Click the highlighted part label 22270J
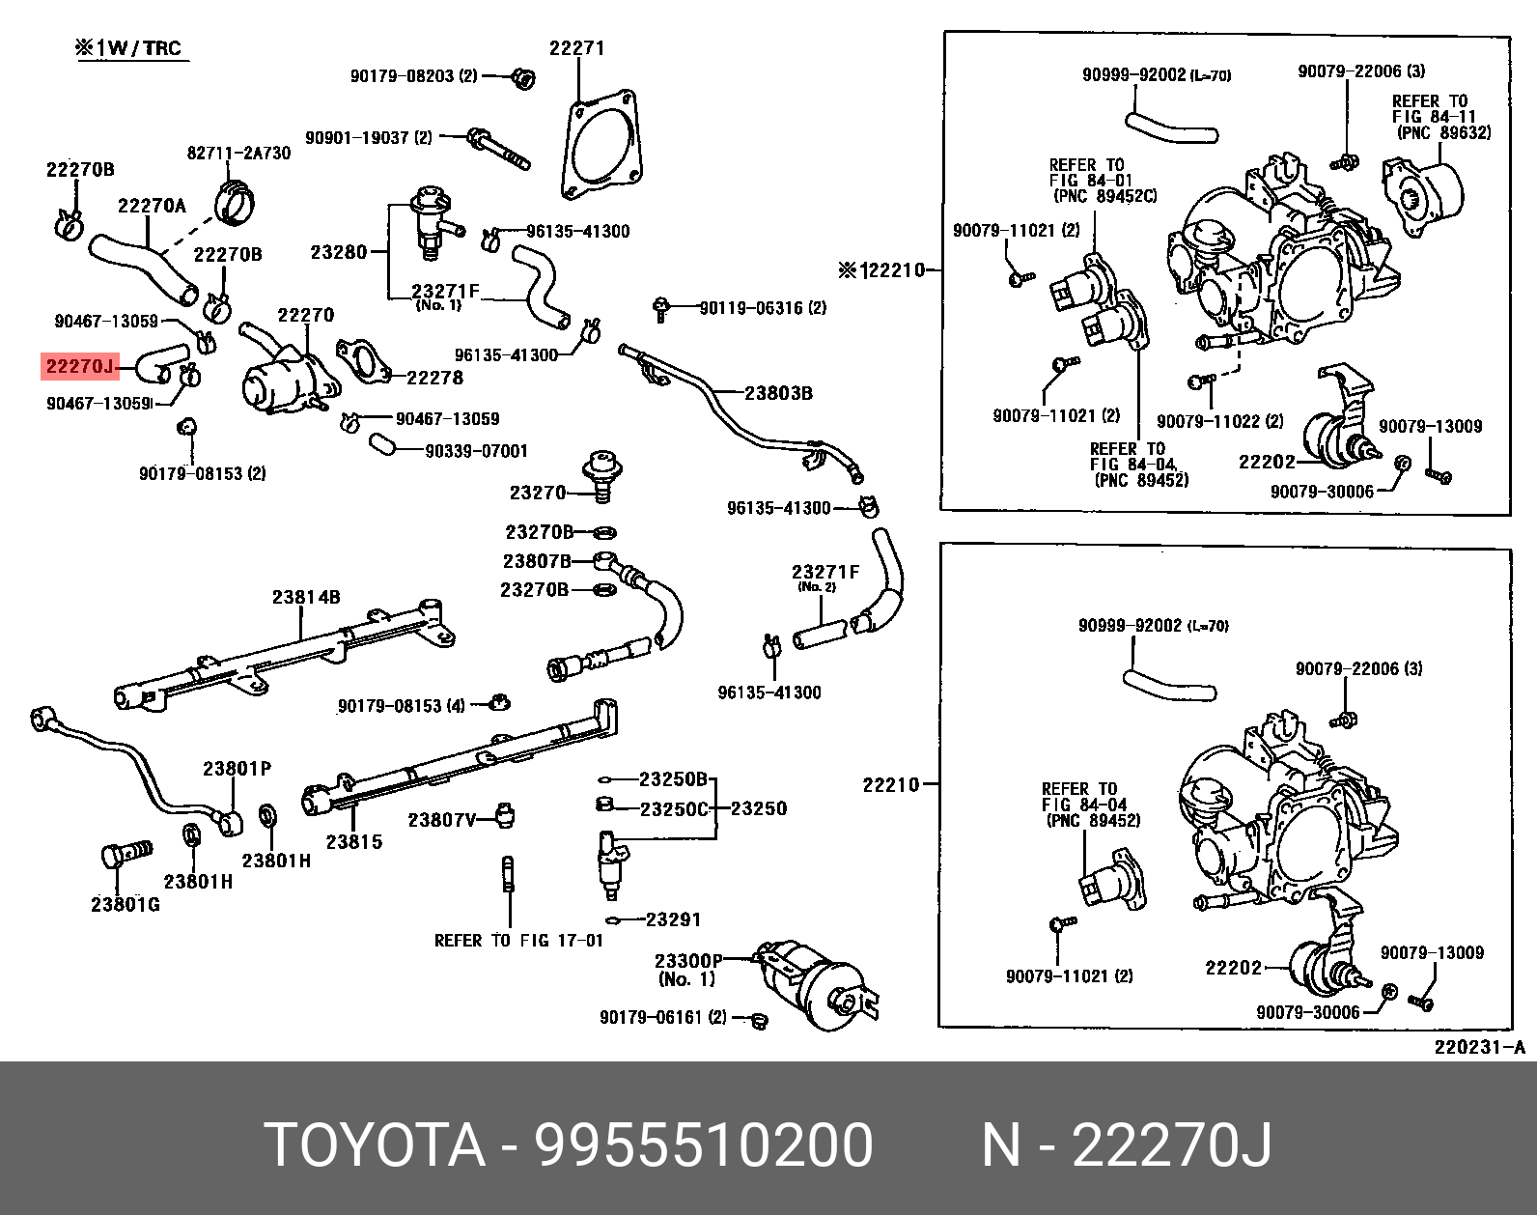78,366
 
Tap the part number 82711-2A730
238,154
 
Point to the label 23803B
778,393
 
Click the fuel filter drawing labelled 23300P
816,985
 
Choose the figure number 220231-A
1477,1047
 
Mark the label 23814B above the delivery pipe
305,597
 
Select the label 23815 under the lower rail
353,841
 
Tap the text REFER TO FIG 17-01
518,940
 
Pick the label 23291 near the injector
673,919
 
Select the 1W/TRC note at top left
129,48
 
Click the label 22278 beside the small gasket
434,378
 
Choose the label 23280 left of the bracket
339,252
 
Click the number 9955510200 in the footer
704,1145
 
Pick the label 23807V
442,820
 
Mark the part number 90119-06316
763,307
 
